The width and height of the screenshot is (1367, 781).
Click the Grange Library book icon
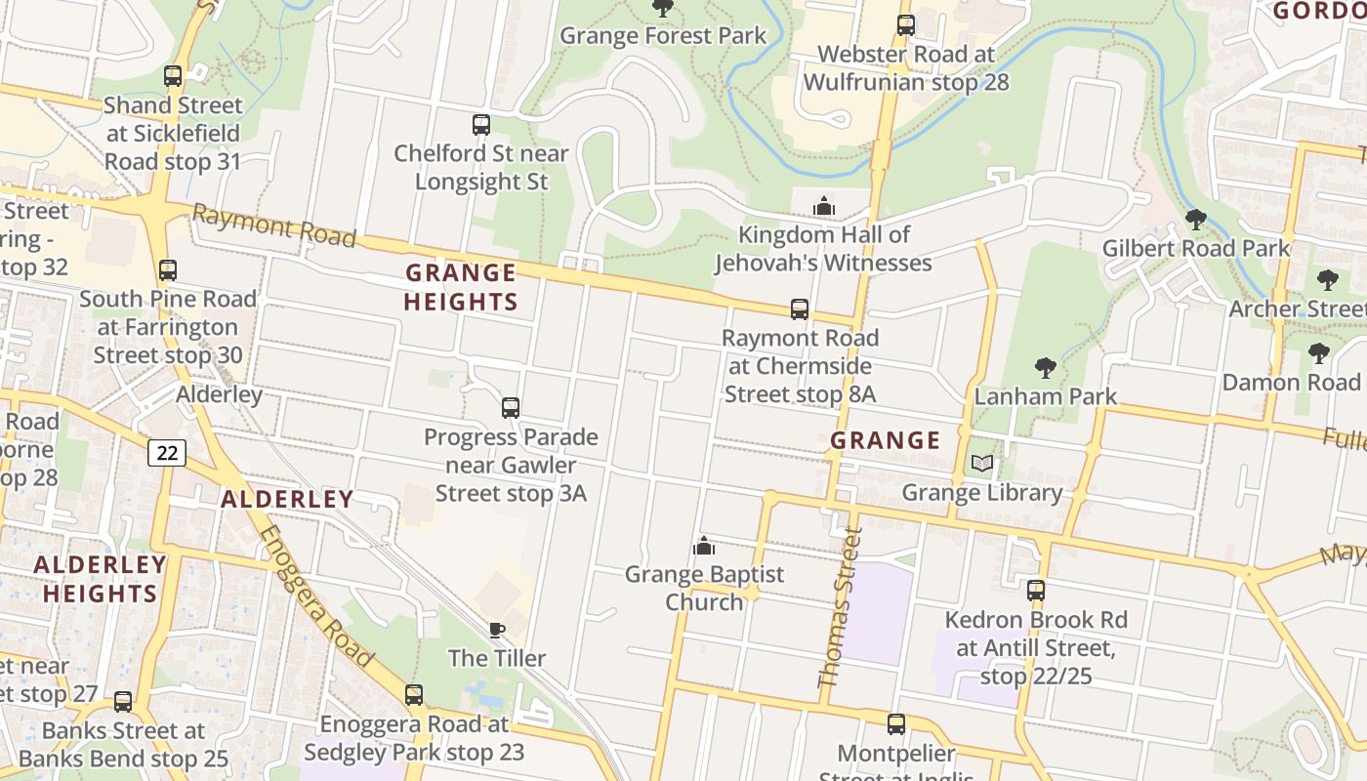pos(981,464)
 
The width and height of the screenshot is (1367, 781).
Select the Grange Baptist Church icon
pos(704,546)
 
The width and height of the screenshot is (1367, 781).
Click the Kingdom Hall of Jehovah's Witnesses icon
pos(824,206)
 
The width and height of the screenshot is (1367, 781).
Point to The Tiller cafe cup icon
pos(497,631)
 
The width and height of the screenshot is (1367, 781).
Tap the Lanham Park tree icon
pos(1045,368)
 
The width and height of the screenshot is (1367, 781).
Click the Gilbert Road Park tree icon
pos(1195,220)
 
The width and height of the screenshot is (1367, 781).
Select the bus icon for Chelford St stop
pos(480,125)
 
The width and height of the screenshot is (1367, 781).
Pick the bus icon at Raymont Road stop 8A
pos(800,309)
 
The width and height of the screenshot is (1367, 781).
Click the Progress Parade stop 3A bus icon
pos(511,408)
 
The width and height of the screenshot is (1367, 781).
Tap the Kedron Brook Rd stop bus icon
pos(1035,591)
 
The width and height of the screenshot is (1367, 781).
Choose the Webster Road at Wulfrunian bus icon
pos(906,25)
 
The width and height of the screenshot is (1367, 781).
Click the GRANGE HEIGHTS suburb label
pos(460,287)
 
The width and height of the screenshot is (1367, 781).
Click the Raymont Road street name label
pos(273,225)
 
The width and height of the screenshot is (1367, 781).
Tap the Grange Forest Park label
pos(663,36)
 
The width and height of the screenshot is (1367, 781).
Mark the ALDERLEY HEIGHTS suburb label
pos(100,579)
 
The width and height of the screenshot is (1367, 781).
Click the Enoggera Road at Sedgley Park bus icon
pos(414,695)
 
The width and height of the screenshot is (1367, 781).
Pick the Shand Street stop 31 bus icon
pos(173,76)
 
